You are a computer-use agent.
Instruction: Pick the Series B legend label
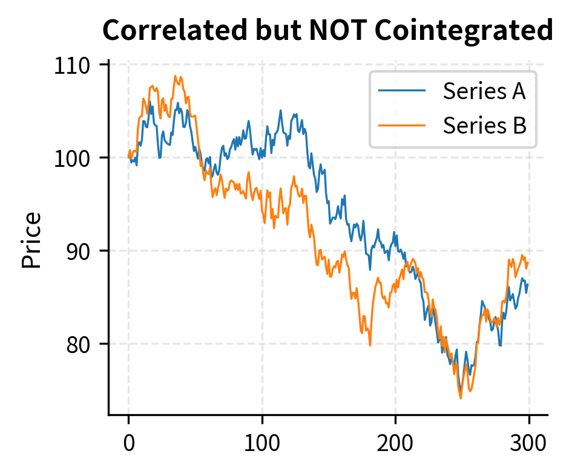pos(484,125)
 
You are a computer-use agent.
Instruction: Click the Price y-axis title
pos(31,240)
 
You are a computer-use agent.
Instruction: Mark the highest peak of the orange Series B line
pos(176,76)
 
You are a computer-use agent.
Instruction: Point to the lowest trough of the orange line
pos(461,398)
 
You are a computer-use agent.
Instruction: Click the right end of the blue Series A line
pos(528,284)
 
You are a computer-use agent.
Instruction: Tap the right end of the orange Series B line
pos(528,262)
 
